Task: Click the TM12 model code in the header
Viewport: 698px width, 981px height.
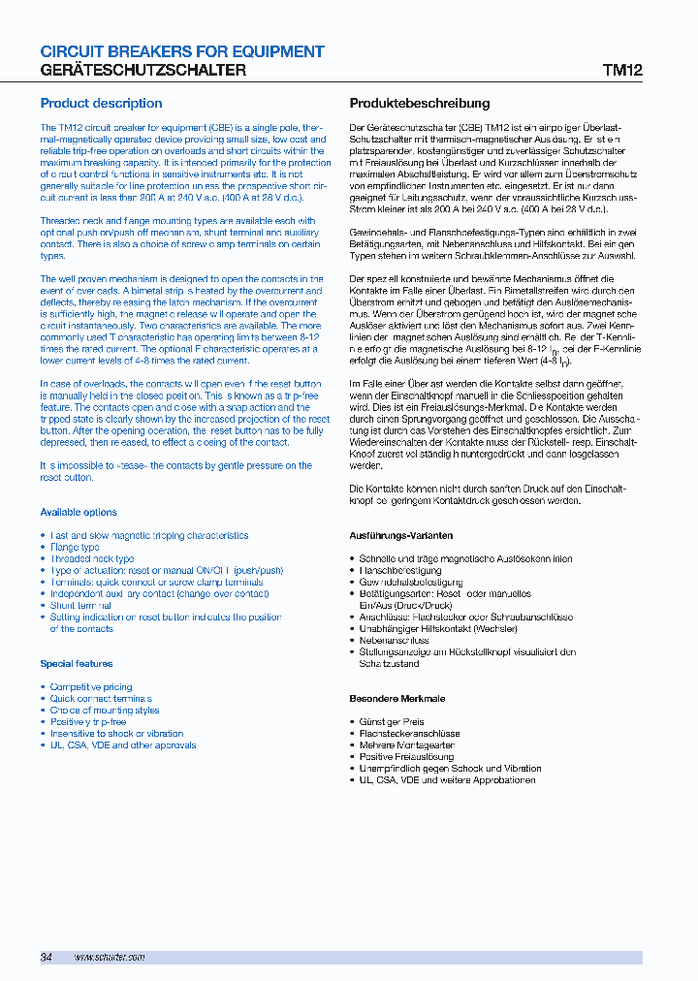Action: click(622, 71)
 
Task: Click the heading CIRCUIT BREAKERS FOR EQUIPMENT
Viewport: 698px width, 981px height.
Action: click(182, 51)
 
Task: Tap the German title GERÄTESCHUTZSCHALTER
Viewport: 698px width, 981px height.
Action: click(143, 71)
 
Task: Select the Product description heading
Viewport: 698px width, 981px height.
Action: click(101, 103)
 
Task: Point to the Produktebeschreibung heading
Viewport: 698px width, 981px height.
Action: click(419, 103)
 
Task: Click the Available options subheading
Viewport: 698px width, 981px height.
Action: click(79, 512)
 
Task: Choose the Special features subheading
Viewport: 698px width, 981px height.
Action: click(77, 664)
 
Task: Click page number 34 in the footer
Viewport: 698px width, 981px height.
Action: click(46, 957)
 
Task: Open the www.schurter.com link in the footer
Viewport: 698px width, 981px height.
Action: click(110, 957)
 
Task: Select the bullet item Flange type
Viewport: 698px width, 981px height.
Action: click(75, 548)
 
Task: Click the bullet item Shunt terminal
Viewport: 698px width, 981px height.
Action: click(80, 606)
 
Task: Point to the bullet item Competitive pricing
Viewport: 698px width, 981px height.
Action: click(91, 687)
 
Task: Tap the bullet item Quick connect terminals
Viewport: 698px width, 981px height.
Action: click(101, 699)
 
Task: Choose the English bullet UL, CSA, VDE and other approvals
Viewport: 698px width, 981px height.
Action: click(123, 745)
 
